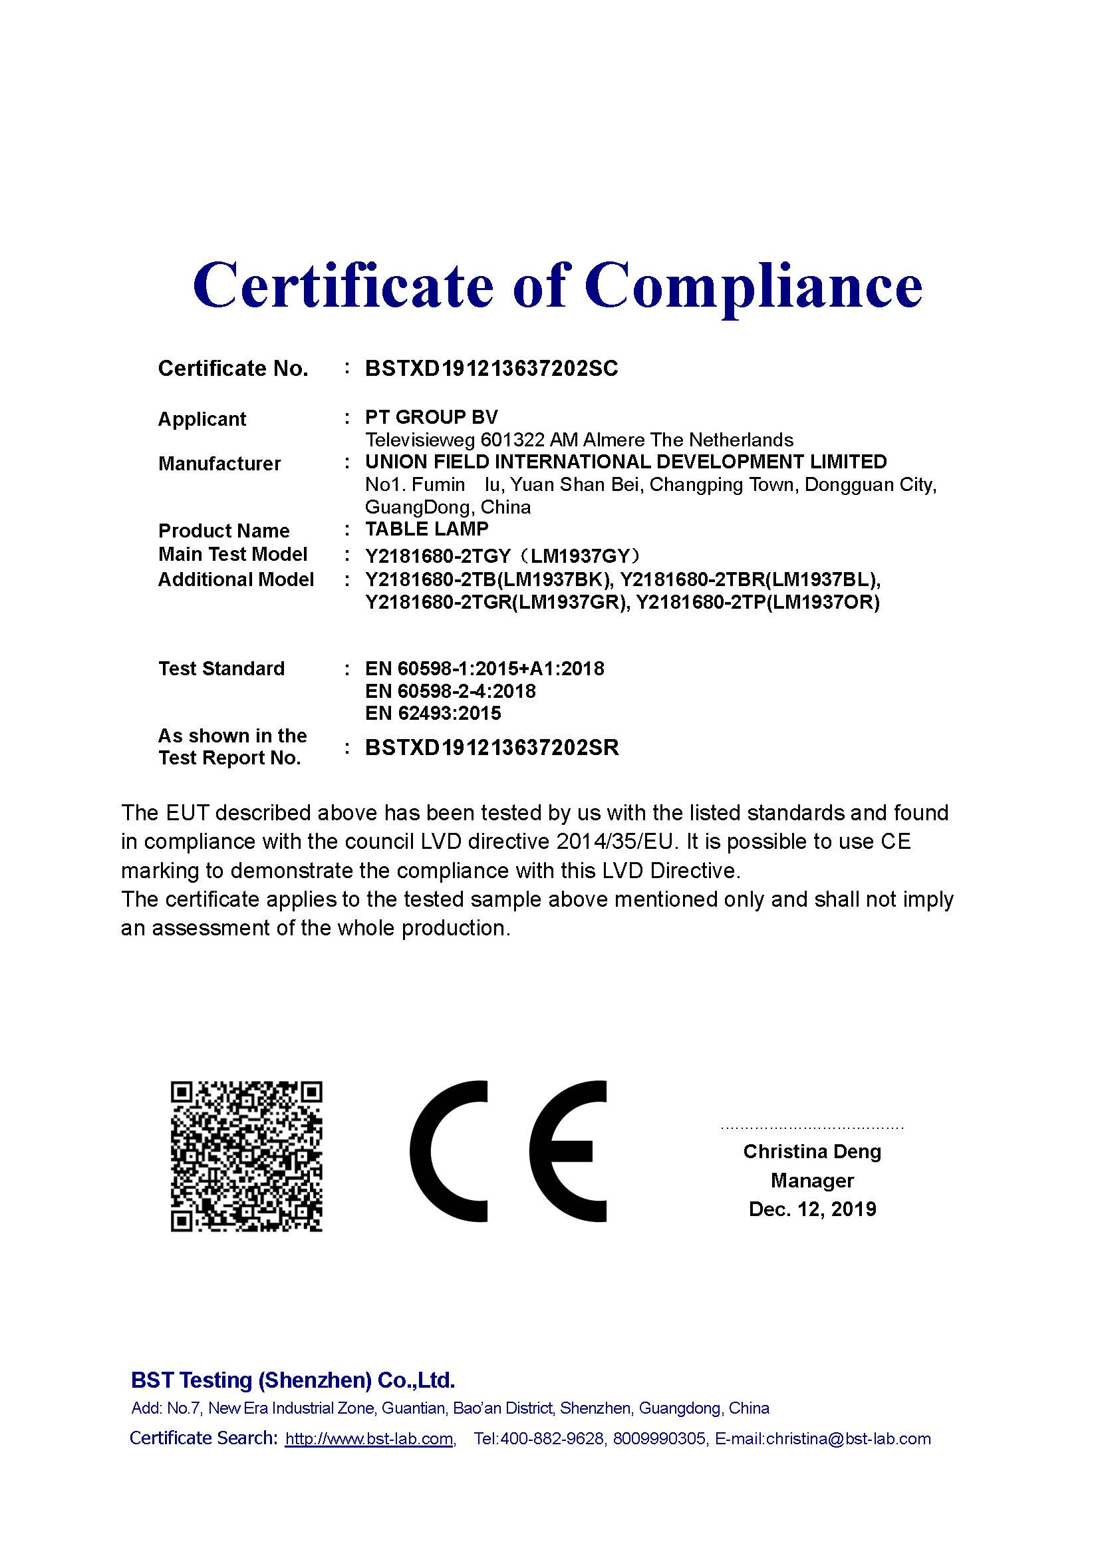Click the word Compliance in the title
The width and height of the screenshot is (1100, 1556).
point(754,286)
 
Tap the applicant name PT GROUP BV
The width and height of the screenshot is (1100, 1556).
point(431,417)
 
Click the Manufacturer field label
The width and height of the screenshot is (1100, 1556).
point(219,464)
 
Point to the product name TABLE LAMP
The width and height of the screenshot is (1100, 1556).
point(427,529)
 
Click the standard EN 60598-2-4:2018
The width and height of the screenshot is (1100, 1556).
point(450,691)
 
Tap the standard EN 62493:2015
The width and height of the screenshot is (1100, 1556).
point(433,713)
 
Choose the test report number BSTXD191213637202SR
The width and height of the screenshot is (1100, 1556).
point(491,748)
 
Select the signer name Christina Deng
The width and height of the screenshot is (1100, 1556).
point(812,1152)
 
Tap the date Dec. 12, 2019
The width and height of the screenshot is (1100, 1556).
point(812,1209)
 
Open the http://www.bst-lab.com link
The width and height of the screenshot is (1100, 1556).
point(369,1439)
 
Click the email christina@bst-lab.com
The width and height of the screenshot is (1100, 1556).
point(848,1439)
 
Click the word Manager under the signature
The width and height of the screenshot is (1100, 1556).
point(812,1181)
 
